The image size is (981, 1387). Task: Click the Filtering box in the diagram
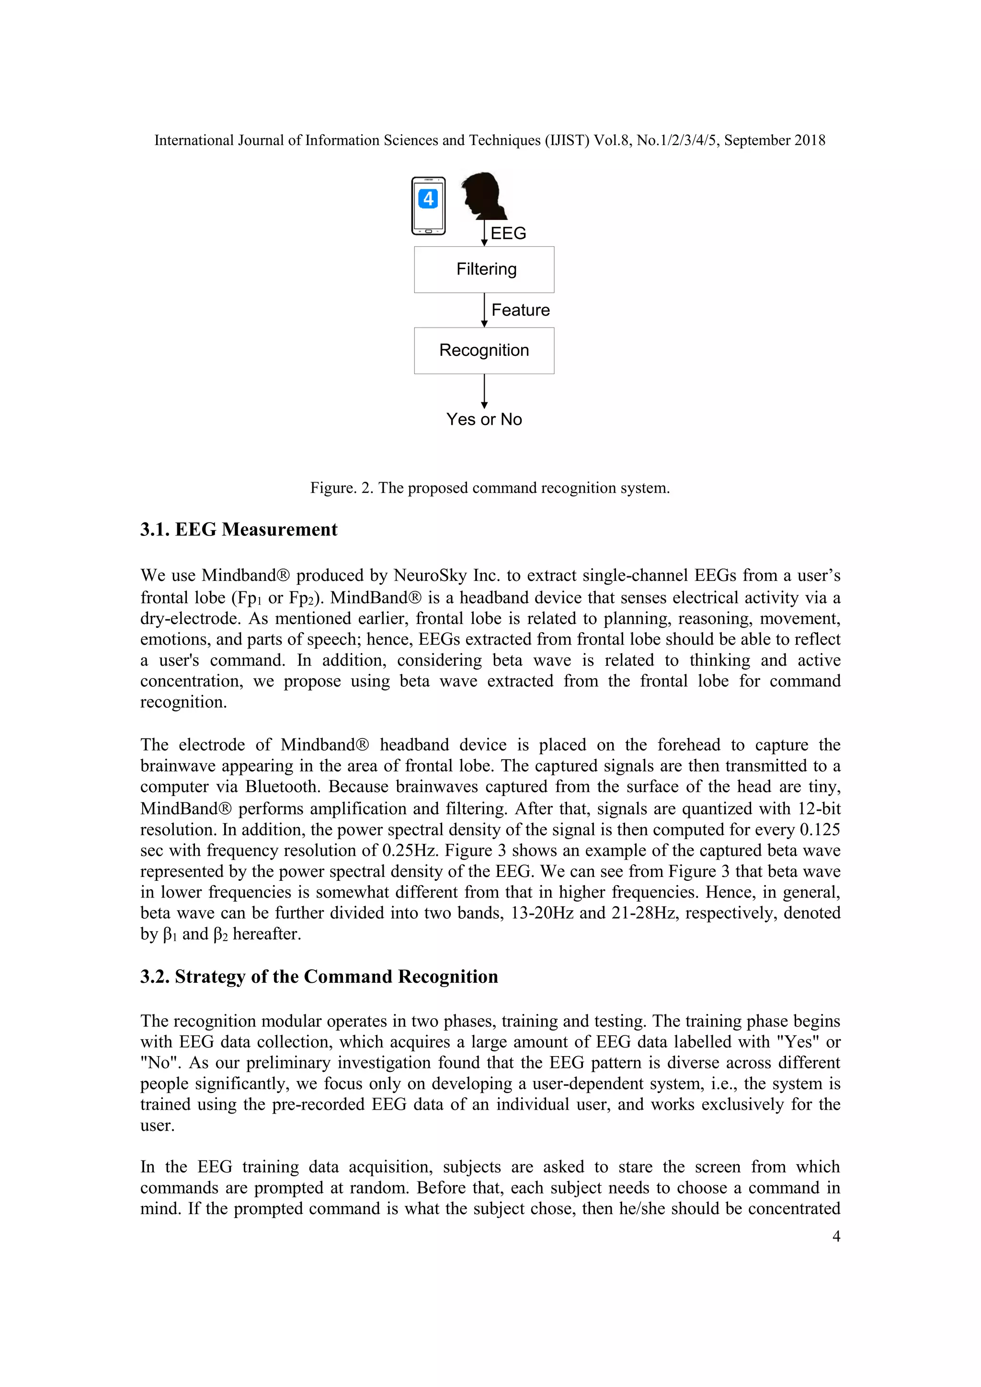[x=484, y=270]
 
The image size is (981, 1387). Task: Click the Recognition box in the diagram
[x=484, y=351]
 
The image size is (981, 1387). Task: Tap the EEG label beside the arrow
[x=508, y=233]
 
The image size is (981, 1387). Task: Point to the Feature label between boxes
[x=520, y=310]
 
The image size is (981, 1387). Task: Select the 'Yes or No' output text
[x=484, y=419]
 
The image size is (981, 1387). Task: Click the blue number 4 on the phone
[x=428, y=198]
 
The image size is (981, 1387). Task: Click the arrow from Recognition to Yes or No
[x=484, y=391]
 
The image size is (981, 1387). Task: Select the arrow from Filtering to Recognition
[x=484, y=310]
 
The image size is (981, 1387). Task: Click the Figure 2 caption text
[x=490, y=488]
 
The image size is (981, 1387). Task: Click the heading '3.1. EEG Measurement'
[x=239, y=530]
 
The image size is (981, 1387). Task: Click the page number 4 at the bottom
[x=836, y=1236]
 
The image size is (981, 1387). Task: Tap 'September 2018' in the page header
[x=775, y=140]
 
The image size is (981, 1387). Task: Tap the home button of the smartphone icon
[x=428, y=231]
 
